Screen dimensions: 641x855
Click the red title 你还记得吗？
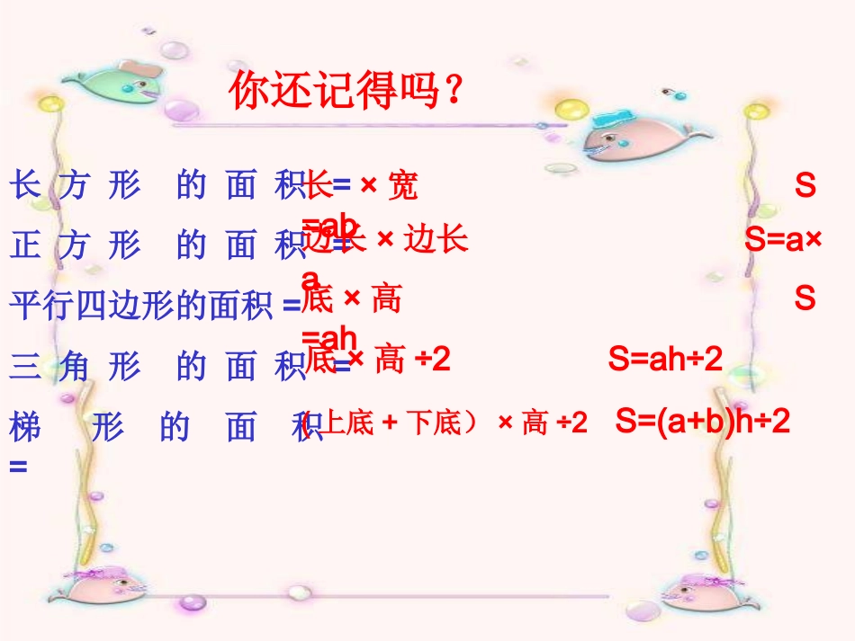coord(346,92)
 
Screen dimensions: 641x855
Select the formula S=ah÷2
coord(665,360)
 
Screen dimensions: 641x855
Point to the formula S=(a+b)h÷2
coord(703,421)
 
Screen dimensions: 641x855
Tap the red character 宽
coord(402,186)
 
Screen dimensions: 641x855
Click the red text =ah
coord(329,337)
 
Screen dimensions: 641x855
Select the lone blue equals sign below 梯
coord(18,467)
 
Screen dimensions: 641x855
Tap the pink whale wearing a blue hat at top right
coord(621,135)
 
